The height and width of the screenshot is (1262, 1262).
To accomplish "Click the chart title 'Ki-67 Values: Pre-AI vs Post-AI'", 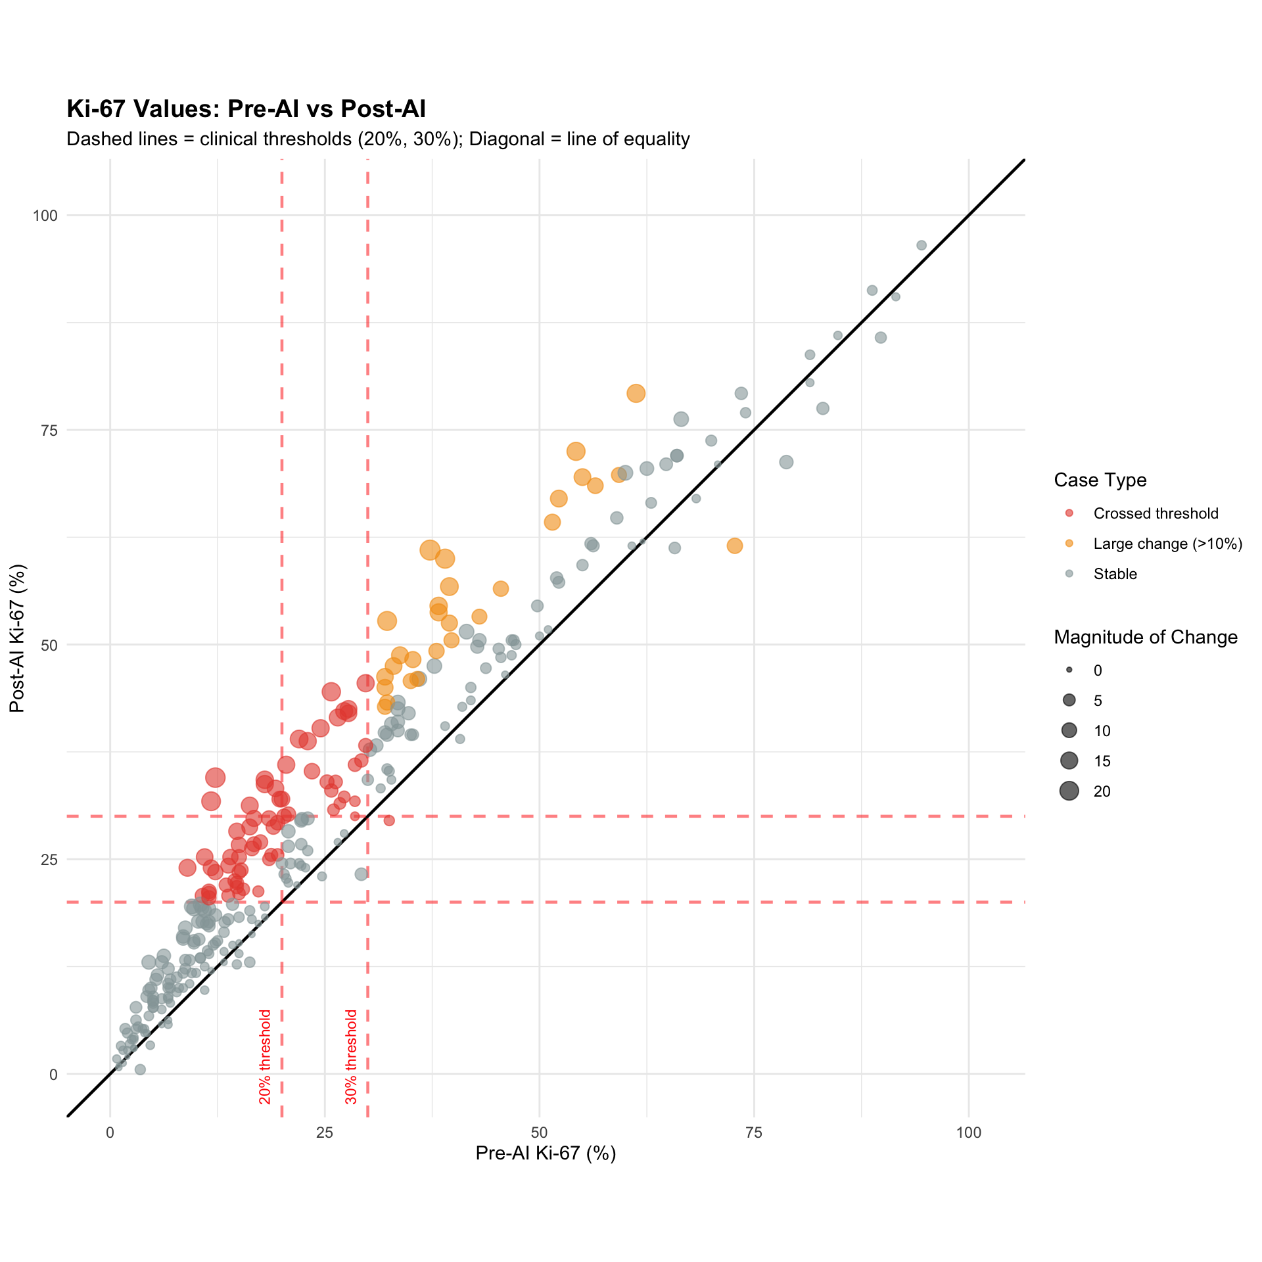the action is point(246,108).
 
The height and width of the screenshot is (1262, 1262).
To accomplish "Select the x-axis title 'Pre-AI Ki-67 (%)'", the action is point(546,1153).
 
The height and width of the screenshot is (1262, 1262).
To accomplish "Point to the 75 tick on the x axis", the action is point(754,1133).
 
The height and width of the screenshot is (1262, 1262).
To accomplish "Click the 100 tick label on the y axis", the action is point(45,215).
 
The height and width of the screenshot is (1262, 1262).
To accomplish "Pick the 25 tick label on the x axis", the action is point(325,1133).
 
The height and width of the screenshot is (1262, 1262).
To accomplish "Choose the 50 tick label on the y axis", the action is point(50,645).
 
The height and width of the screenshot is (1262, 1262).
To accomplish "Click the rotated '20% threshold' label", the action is point(265,1056).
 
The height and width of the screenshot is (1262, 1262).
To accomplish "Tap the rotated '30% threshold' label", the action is point(351,1056).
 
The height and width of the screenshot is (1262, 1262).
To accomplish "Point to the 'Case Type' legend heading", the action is point(1100,480).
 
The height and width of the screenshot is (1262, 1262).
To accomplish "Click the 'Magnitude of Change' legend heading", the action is point(1146,637).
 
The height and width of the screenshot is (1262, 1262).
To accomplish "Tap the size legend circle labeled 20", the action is point(1069,791).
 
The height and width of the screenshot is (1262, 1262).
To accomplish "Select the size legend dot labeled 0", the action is point(1069,670).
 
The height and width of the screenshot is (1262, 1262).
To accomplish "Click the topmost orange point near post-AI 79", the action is point(636,393).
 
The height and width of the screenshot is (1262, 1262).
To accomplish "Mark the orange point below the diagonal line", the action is point(735,546).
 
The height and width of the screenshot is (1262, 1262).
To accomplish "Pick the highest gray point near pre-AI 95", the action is point(922,245).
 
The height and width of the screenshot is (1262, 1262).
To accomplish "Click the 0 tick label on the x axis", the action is point(110,1133).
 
